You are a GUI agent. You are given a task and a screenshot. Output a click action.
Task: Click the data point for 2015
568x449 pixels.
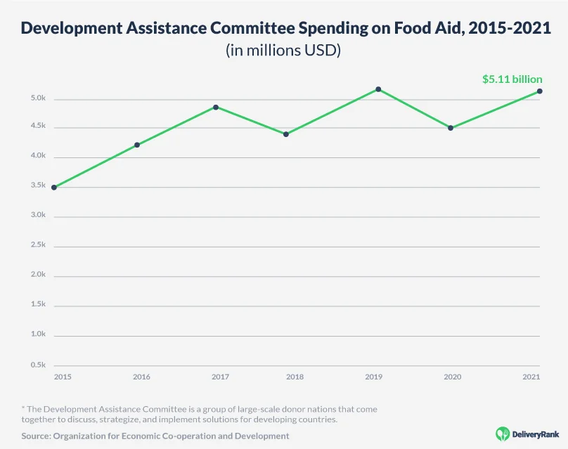coord(54,188)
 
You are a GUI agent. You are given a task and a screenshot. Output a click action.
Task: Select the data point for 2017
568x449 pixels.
coord(216,108)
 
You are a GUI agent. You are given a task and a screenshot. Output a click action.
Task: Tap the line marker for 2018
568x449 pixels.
coord(286,134)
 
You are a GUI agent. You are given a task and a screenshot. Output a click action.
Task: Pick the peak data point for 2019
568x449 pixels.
coord(378,89)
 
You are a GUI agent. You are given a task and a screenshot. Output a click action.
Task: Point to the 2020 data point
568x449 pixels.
coord(451,128)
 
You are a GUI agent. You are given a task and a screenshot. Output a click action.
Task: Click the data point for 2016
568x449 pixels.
coord(137,145)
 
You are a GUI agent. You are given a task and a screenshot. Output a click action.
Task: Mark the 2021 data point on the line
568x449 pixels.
coord(539,91)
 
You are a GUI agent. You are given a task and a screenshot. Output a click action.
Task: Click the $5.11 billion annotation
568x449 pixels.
coord(512,79)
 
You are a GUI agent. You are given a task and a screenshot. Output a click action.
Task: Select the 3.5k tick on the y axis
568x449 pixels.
coord(38,186)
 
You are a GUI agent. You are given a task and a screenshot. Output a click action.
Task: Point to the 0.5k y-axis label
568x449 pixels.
coord(38,365)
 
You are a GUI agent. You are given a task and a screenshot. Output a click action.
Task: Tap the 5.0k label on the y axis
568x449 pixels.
coord(38,98)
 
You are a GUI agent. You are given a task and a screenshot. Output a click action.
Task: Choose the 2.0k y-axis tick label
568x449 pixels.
coord(38,275)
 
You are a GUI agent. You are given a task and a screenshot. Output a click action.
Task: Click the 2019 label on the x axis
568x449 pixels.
coord(373,377)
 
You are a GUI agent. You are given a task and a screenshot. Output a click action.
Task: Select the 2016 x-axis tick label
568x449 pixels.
coord(141,377)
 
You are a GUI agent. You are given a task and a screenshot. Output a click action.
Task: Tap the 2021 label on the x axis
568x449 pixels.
coord(531,377)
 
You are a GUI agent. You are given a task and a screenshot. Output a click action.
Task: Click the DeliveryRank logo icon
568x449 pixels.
coord(503,434)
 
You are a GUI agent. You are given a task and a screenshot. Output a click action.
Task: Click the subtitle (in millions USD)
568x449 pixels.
coord(283,51)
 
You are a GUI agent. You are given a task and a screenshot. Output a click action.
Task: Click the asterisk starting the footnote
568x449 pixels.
coord(23,408)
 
